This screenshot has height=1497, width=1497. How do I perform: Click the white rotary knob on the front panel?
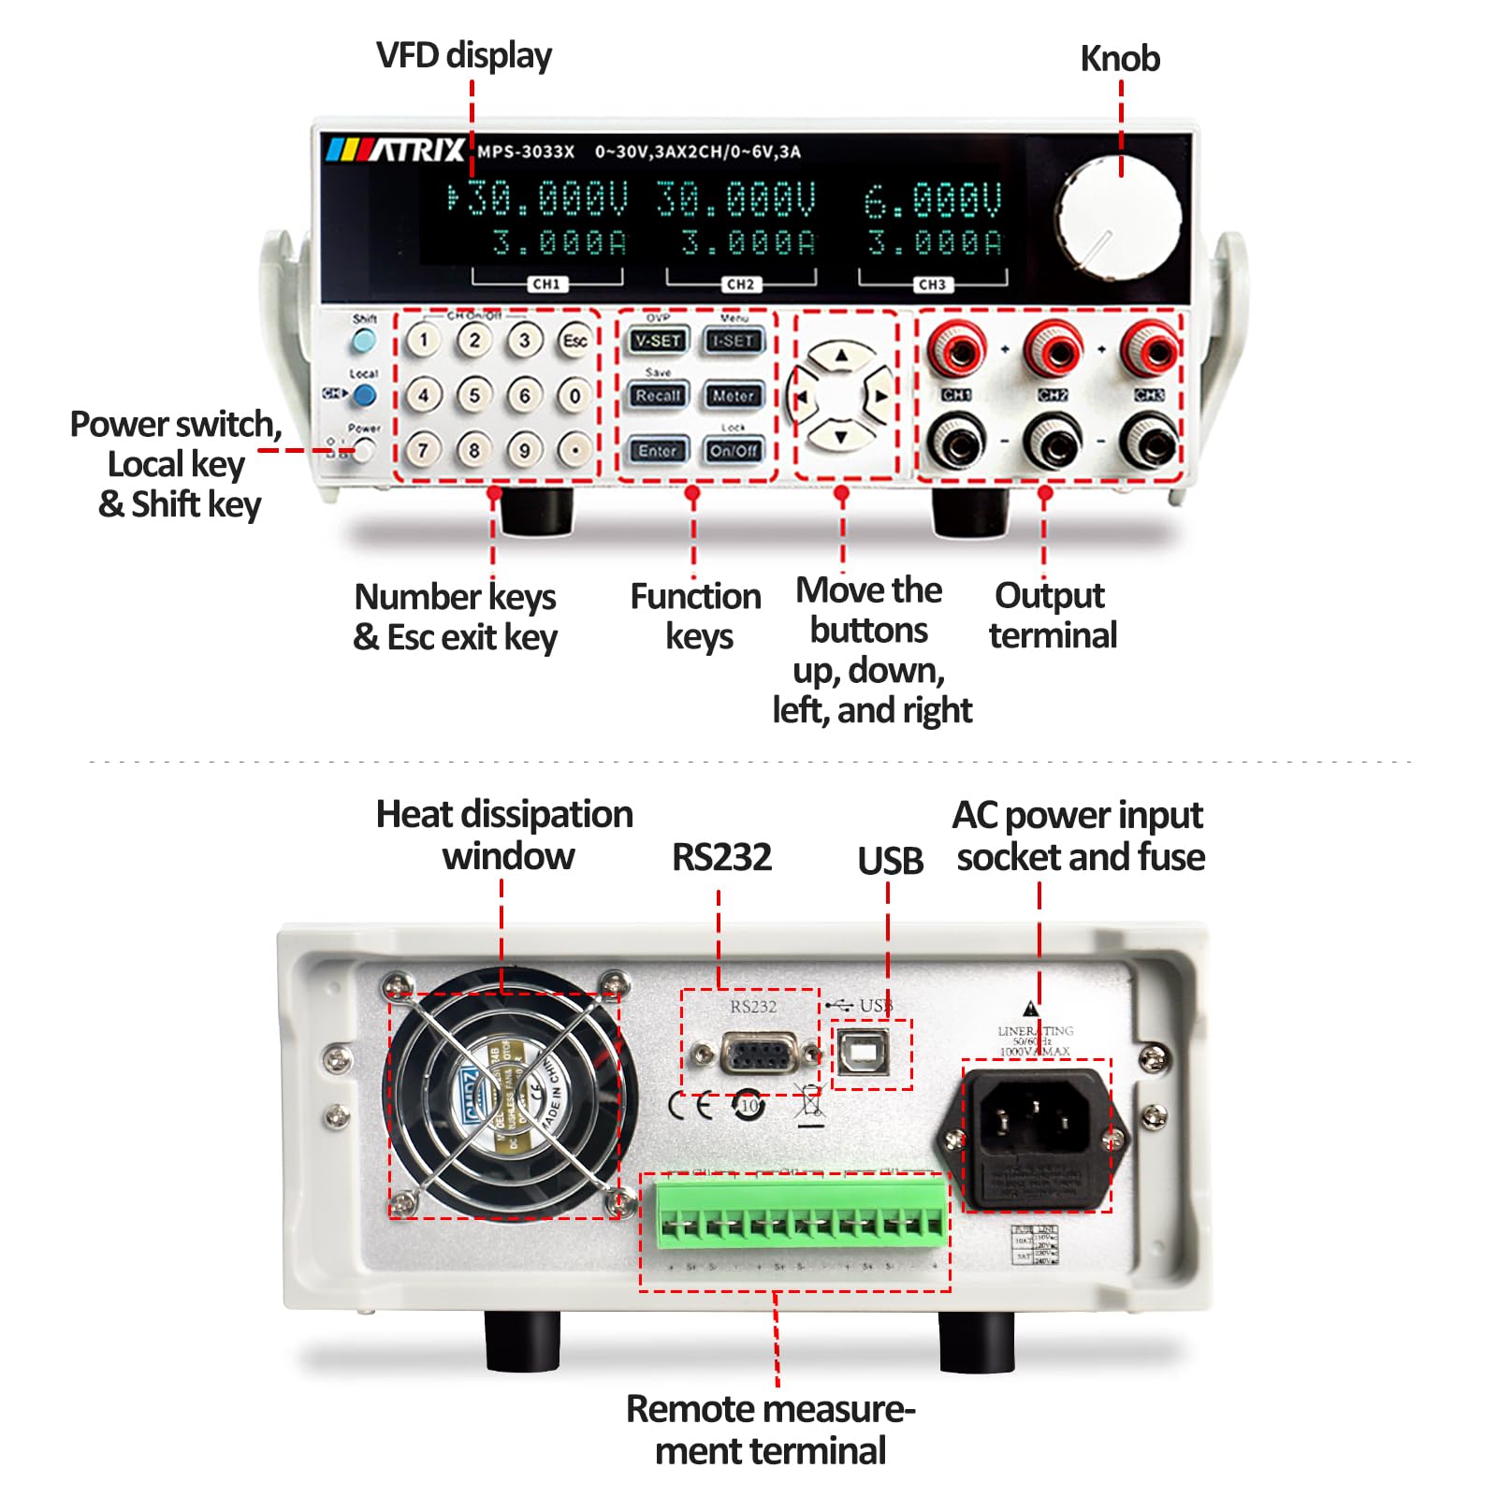click(1119, 218)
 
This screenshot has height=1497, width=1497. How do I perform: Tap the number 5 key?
click(474, 395)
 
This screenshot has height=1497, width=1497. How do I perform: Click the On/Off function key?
click(733, 451)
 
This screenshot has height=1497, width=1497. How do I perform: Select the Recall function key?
click(658, 396)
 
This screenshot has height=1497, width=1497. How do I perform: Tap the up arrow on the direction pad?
click(841, 356)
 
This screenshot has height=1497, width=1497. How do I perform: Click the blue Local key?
click(365, 395)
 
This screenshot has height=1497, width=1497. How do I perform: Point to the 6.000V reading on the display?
click(932, 200)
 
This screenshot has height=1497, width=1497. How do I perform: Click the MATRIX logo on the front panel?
click(396, 150)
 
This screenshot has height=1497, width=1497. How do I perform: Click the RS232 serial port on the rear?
click(758, 1055)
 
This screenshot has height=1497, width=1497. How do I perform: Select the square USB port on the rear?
click(861, 1054)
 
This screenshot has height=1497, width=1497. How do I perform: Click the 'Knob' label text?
click(1120, 59)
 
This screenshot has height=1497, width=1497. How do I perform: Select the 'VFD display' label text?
click(463, 55)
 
